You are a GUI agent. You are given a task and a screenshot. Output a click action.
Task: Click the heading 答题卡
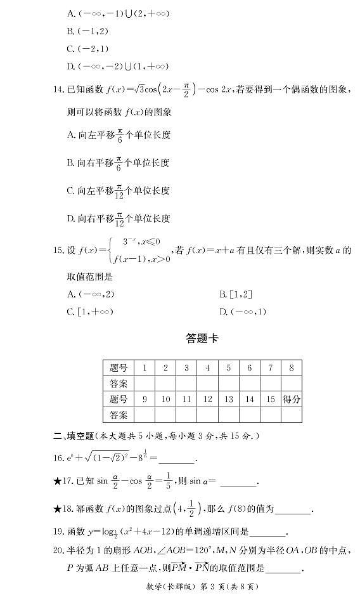202,339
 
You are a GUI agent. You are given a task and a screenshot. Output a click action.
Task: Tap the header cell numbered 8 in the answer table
290,368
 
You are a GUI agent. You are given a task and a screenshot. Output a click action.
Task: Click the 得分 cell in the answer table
290,399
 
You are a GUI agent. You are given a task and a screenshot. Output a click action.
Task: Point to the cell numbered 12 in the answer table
207,399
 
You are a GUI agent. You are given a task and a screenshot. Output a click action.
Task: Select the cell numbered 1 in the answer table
145,368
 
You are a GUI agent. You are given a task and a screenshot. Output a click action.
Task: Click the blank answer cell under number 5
228,383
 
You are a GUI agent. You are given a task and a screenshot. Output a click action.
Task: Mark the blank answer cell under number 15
269,415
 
